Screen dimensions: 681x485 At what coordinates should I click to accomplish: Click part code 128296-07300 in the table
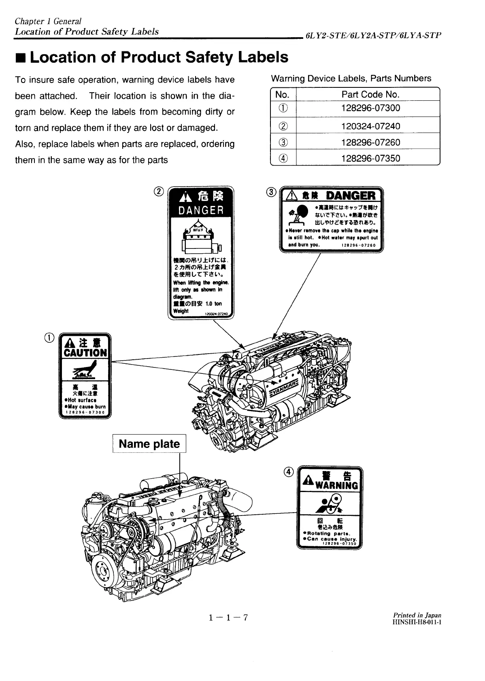point(370,108)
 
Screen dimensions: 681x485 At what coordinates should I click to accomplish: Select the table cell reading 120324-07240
point(370,126)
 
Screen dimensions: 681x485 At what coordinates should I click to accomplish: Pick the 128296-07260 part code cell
point(370,142)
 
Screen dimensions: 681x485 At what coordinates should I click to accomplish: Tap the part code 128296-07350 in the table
point(370,159)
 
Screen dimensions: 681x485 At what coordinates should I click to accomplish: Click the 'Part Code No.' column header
point(370,95)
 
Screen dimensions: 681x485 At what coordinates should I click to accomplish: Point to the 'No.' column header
point(282,95)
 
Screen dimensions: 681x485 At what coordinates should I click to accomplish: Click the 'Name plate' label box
point(149,444)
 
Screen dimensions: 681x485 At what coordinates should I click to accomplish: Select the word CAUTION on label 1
point(85,353)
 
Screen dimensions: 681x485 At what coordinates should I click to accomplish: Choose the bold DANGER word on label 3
point(351,196)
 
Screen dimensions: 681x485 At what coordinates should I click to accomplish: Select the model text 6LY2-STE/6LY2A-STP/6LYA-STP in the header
point(373,35)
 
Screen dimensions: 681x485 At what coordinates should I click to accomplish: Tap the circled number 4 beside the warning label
point(288,472)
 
